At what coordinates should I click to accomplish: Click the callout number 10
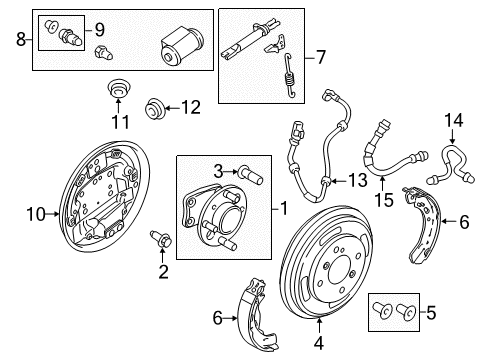pos(36,214)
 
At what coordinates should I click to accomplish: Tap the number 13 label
pos(358,181)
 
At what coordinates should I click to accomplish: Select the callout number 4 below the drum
pos(319,343)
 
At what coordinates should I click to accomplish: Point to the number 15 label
pos(384,200)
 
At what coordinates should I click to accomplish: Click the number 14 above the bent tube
pos(454,120)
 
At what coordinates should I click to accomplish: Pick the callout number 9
pos(100,30)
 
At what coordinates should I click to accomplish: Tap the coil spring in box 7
pos(290,76)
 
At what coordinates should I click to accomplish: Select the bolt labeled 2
pos(161,239)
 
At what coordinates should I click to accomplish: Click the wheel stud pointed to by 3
pos(251,175)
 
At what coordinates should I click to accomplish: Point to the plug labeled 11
pos(118,88)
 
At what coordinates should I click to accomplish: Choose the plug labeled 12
pos(154,108)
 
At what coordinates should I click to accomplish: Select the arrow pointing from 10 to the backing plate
pos(52,214)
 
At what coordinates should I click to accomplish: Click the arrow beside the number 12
pos(172,108)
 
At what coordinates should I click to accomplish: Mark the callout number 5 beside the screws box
pos(431,313)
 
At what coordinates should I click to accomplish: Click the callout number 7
pos(320,57)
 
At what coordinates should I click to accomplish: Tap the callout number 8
pos(21,39)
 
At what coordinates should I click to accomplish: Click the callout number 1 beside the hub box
pos(284,209)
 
